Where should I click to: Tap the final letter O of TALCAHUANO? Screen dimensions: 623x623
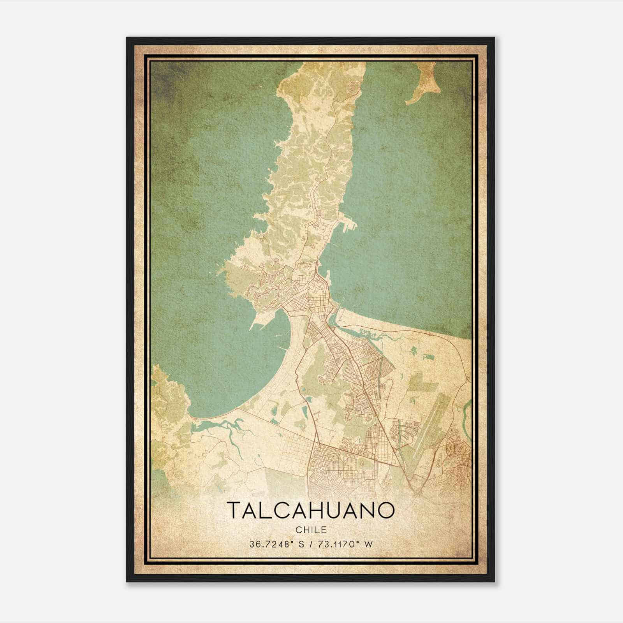[x=386, y=510]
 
